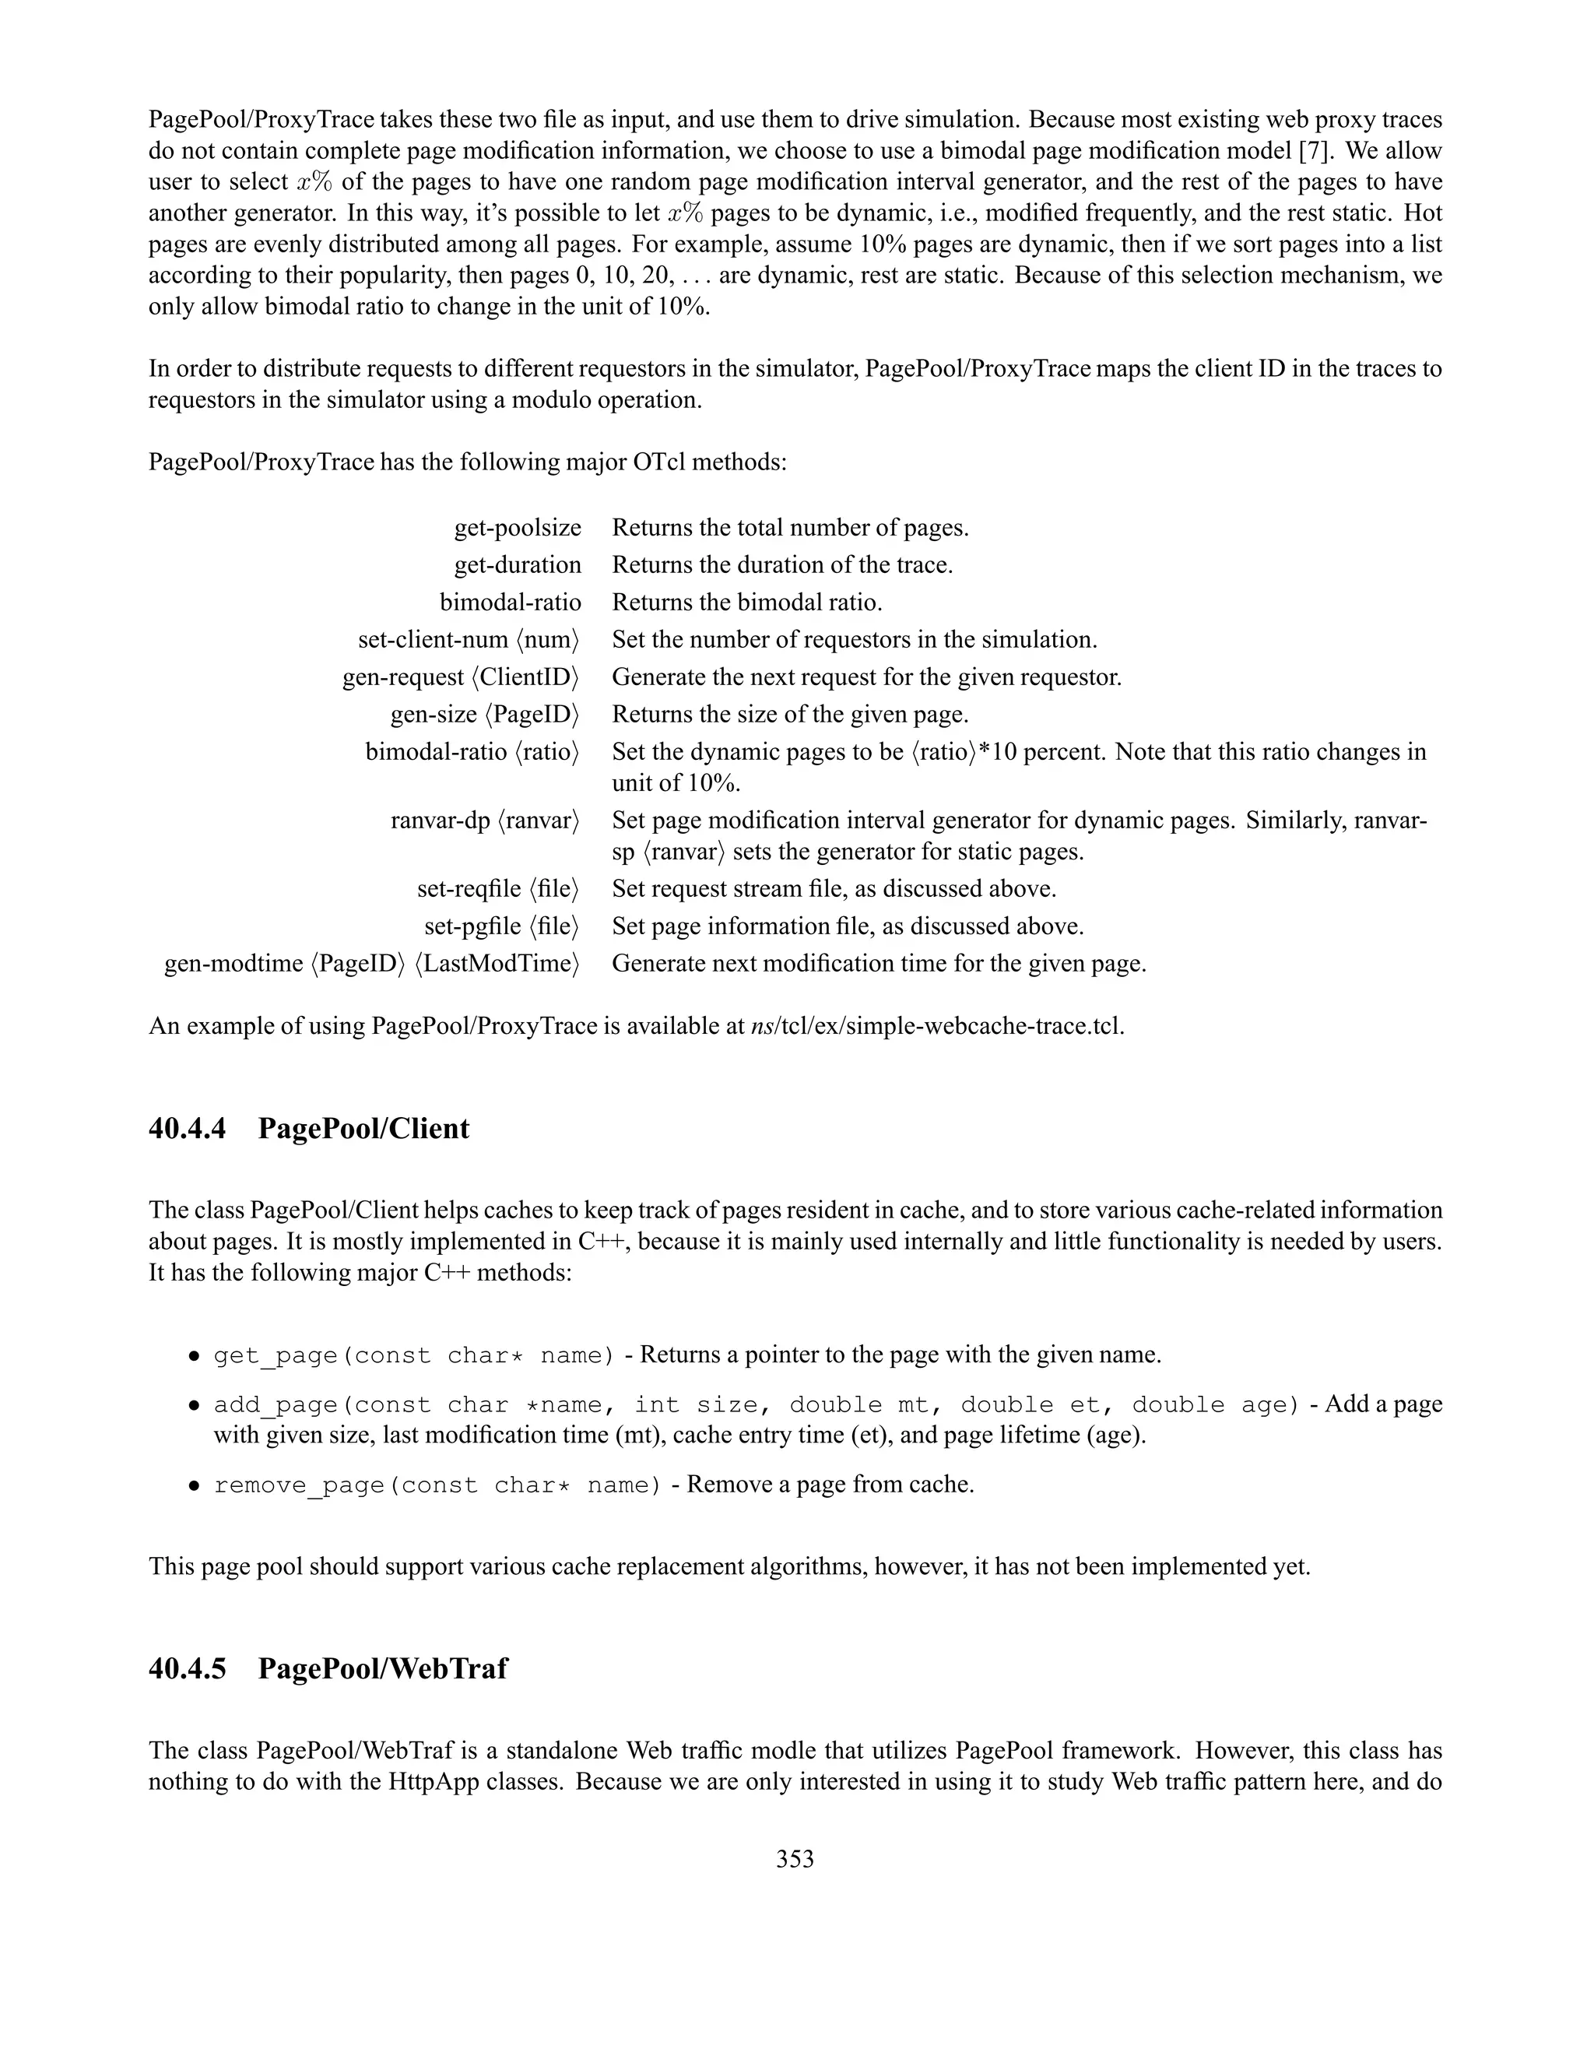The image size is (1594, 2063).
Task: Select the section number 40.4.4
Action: tap(187, 1129)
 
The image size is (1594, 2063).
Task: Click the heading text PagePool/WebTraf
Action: tap(382, 1668)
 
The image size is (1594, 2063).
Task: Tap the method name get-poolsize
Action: tap(518, 527)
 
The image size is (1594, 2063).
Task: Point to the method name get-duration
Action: tap(518, 565)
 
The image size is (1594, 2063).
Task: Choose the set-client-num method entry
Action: tap(469, 639)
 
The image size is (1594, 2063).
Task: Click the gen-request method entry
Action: tap(461, 677)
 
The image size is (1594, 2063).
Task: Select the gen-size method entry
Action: tap(484, 714)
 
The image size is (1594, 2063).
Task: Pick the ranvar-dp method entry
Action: tap(484, 820)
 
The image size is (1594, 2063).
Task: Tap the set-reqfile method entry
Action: tap(497, 889)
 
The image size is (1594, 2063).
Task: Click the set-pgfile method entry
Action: tap(501, 926)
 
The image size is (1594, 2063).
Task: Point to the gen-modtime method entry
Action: tap(372, 964)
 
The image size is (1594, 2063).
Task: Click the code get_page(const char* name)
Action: tap(413, 1355)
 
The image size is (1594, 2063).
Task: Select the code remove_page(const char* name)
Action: tap(437, 1485)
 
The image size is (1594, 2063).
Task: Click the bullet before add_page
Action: tap(193, 1405)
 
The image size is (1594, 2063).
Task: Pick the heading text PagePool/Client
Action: tap(363, 1129)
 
